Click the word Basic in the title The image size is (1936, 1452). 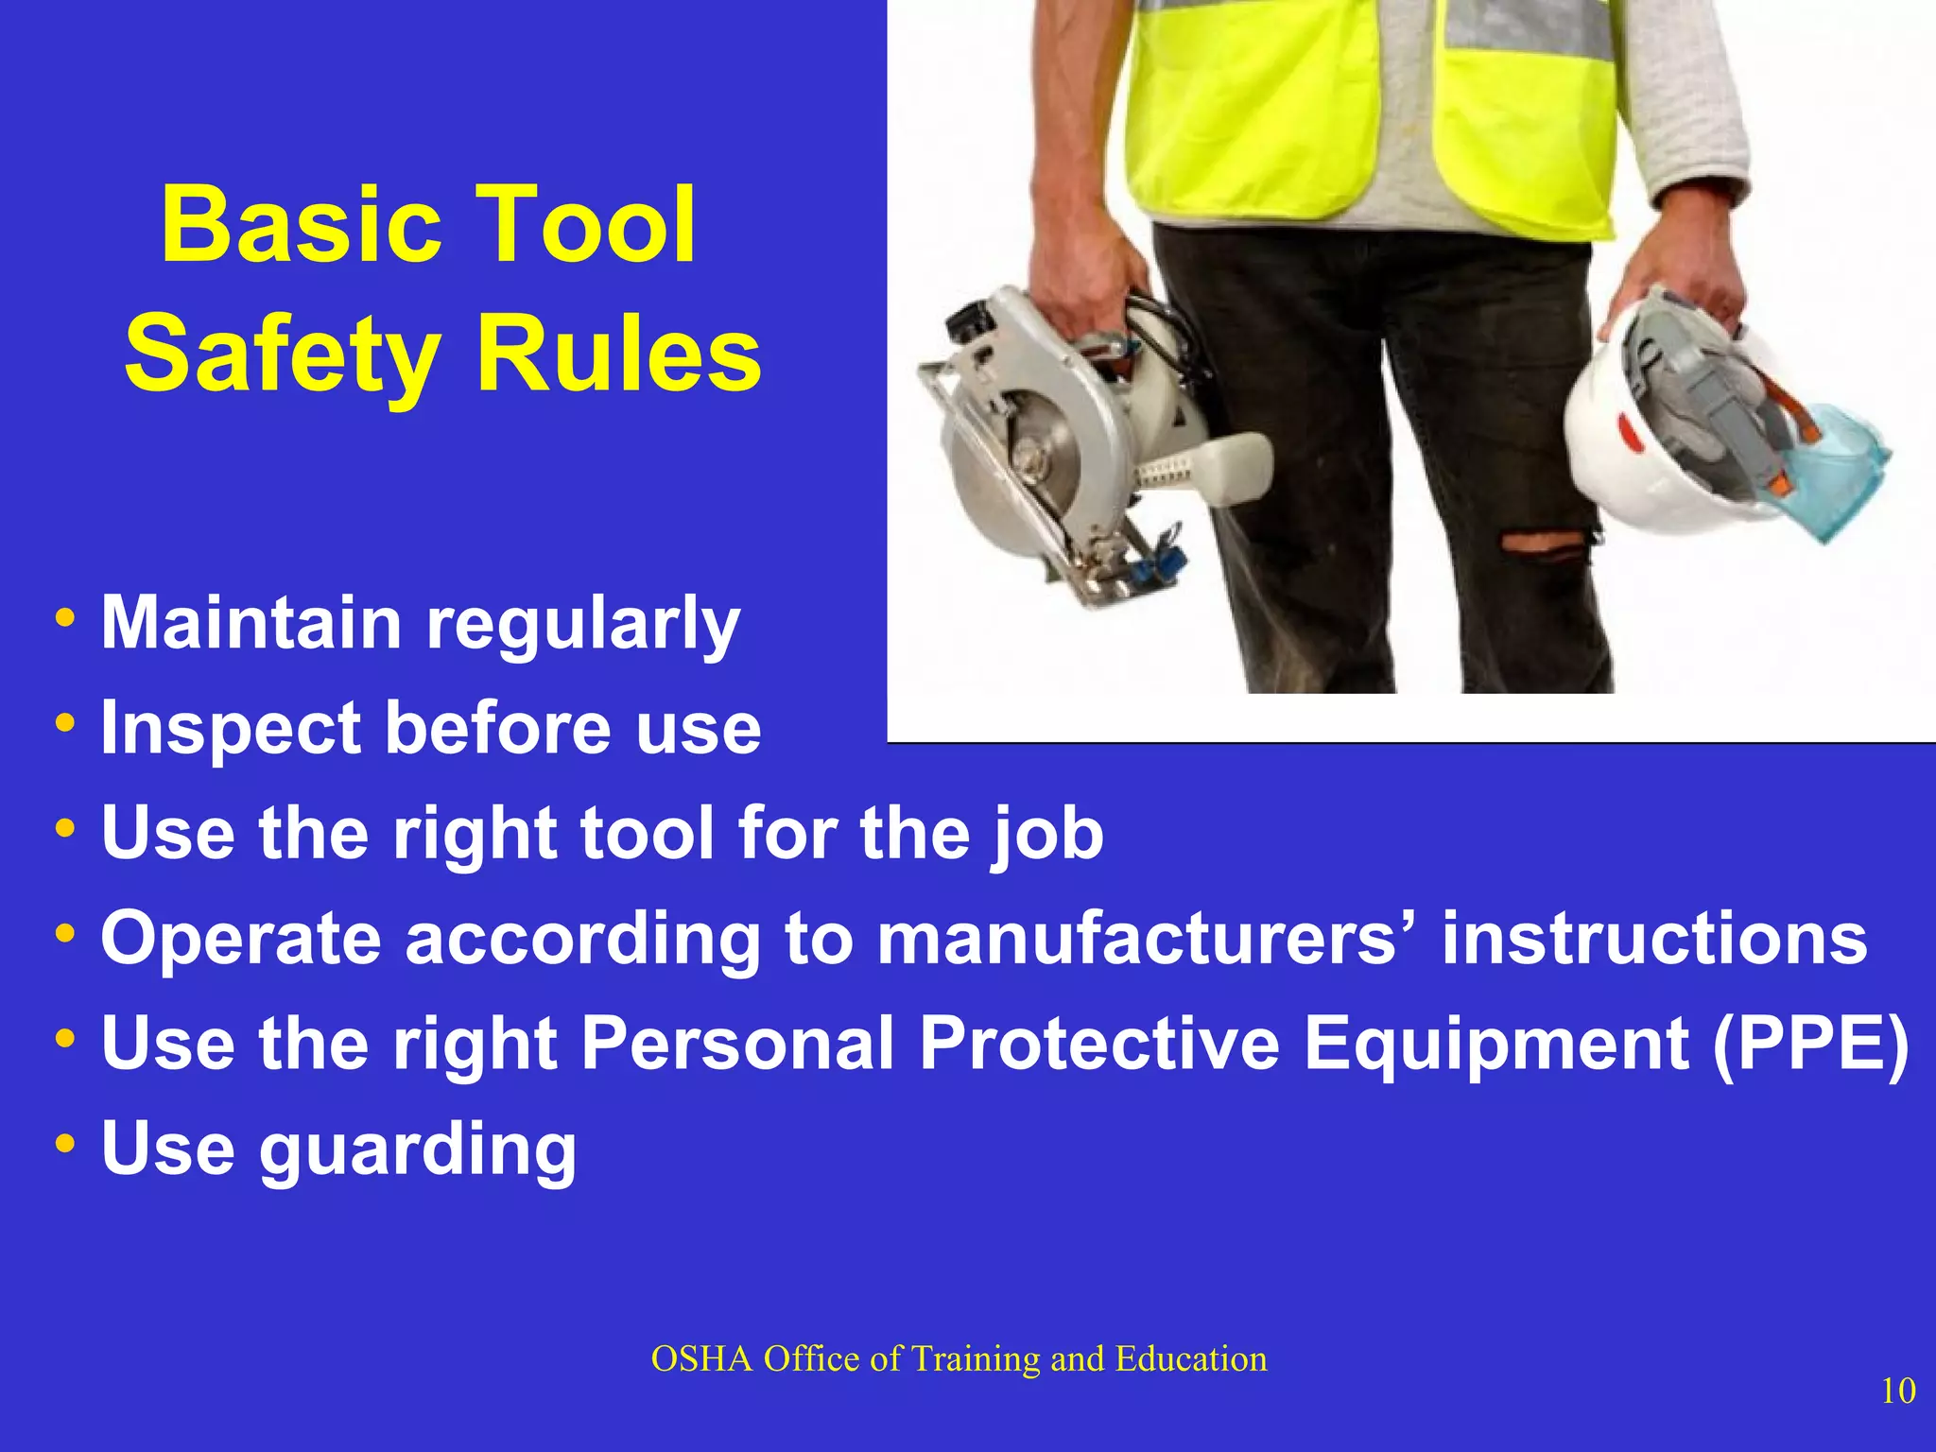tap(301, 227)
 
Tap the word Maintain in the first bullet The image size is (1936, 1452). tap(251, 624)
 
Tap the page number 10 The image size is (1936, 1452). tap(1897, 1391)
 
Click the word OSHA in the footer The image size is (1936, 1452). tap(701, 1359)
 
